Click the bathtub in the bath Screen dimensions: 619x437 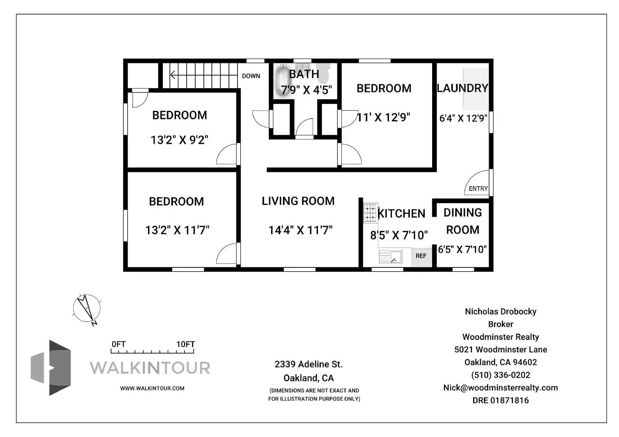pos(283,80)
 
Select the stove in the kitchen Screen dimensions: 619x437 pos(370,213)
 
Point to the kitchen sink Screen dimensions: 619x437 pos(390,257)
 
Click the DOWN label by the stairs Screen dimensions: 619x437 pos(251,76)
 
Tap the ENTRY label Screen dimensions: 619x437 pos(478,189)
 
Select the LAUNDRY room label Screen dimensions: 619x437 pos(463,88)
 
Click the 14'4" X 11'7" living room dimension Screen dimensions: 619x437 pos(300,230)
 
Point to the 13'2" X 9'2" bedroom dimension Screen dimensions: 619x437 pos(180,140)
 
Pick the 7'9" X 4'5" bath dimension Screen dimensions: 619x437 pos(306,90)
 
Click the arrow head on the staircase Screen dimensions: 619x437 pos(173,75)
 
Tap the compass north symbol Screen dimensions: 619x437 pos(87,309)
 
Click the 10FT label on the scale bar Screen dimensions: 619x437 pos(186,344)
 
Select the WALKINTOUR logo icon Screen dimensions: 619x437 pos(51,367)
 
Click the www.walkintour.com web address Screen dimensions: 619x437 pos(152,388)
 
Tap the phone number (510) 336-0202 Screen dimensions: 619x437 pos(501,375)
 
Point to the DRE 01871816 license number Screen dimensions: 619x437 pos(501,400)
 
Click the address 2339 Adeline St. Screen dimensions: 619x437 pos(309,364)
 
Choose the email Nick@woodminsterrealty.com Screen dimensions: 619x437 pos(501,388)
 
